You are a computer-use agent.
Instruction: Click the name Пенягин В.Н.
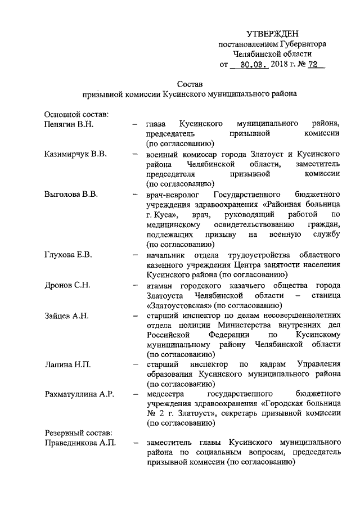coord(71,123)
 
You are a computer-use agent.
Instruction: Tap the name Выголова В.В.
coord(71,195)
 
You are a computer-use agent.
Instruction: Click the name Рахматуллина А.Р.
coord(79,394)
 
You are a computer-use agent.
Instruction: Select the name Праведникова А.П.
coord(80,444)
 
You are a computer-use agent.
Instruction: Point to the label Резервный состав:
coord(78,434)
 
